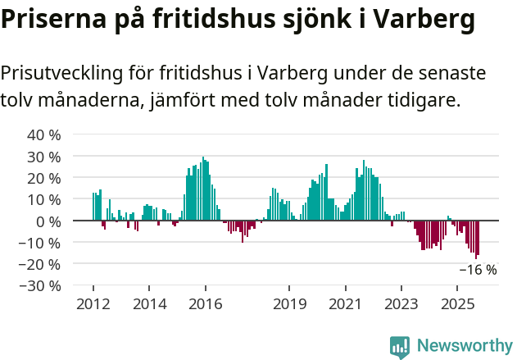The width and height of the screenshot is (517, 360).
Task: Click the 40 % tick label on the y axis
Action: pos(44,134)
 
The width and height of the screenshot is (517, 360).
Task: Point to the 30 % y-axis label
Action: pos(44,157)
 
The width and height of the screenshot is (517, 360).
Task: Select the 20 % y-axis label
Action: pos(44,178)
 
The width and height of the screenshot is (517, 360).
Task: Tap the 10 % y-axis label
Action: pos(44,199)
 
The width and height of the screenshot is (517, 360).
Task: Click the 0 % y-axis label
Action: pos(48,221)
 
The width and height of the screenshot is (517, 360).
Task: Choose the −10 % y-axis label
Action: pos(40,243)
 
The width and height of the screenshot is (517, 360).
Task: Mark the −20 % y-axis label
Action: pos(40,264)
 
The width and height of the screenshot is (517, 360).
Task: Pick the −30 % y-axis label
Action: pos(40,286)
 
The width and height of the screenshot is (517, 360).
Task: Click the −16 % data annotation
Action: pos(478,270)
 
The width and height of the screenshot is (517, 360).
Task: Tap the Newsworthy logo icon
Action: pos(400,346)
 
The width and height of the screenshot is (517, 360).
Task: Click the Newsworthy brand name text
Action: pos(465,346)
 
